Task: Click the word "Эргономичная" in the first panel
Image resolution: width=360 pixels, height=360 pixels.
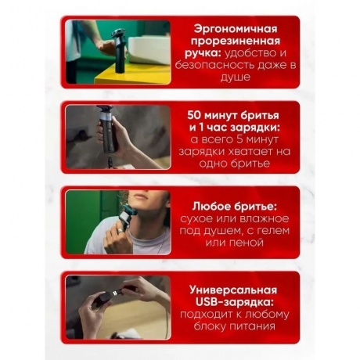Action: point(236,30)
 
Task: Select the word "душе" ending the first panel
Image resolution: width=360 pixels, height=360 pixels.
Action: point(236,77)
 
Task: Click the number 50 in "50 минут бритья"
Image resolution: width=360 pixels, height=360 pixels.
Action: point(194,115)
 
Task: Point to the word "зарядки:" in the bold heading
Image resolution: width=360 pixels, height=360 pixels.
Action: point(255,128)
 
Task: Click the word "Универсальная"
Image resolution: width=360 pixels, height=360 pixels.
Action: point(233,290)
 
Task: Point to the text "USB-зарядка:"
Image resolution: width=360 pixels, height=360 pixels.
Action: point(235,302)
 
